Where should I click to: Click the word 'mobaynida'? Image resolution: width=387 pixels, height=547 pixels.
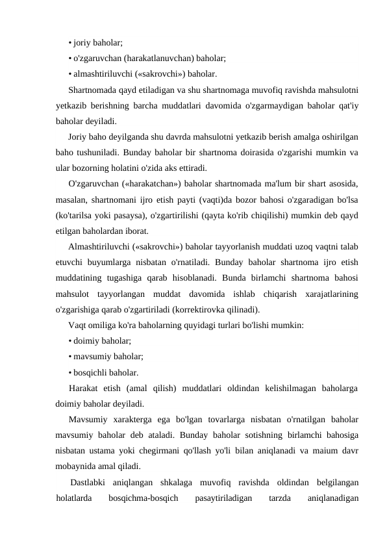tap(77, 466)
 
